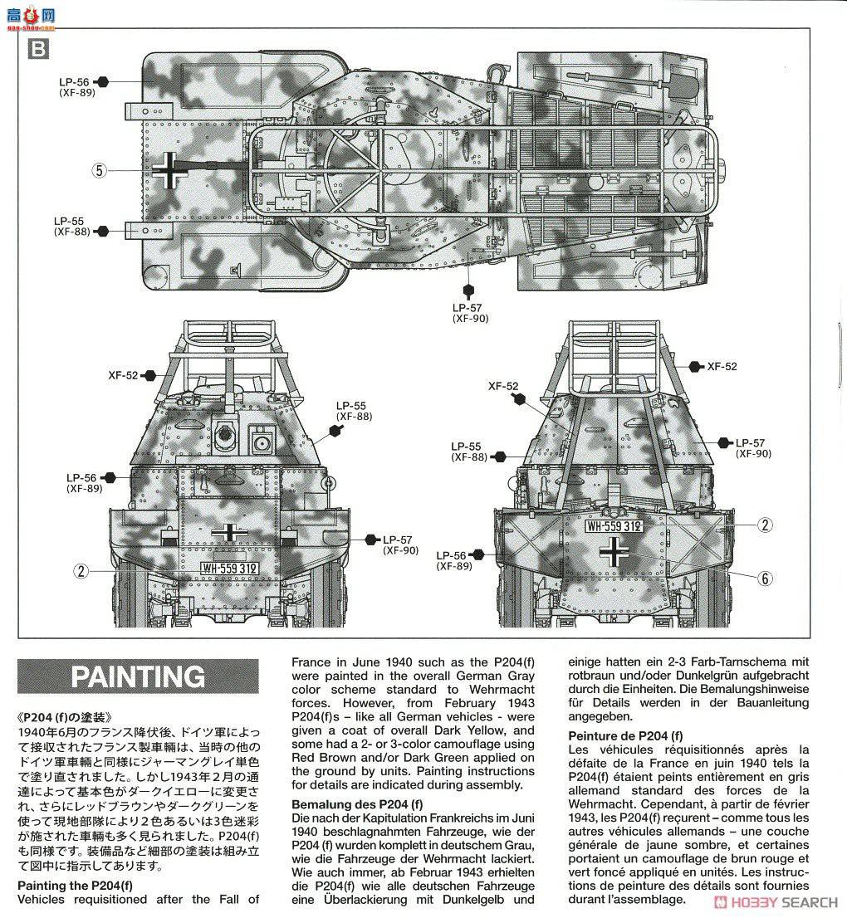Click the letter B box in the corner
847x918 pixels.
pos(37,49)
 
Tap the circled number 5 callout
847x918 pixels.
pos(100,171)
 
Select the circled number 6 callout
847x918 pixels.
pos(765,579)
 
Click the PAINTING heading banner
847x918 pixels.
pos(138,676)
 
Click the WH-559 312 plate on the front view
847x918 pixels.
pos(229,568)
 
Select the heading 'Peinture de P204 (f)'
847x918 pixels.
pos(625,735)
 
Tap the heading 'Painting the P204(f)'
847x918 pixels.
pos(75,886)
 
